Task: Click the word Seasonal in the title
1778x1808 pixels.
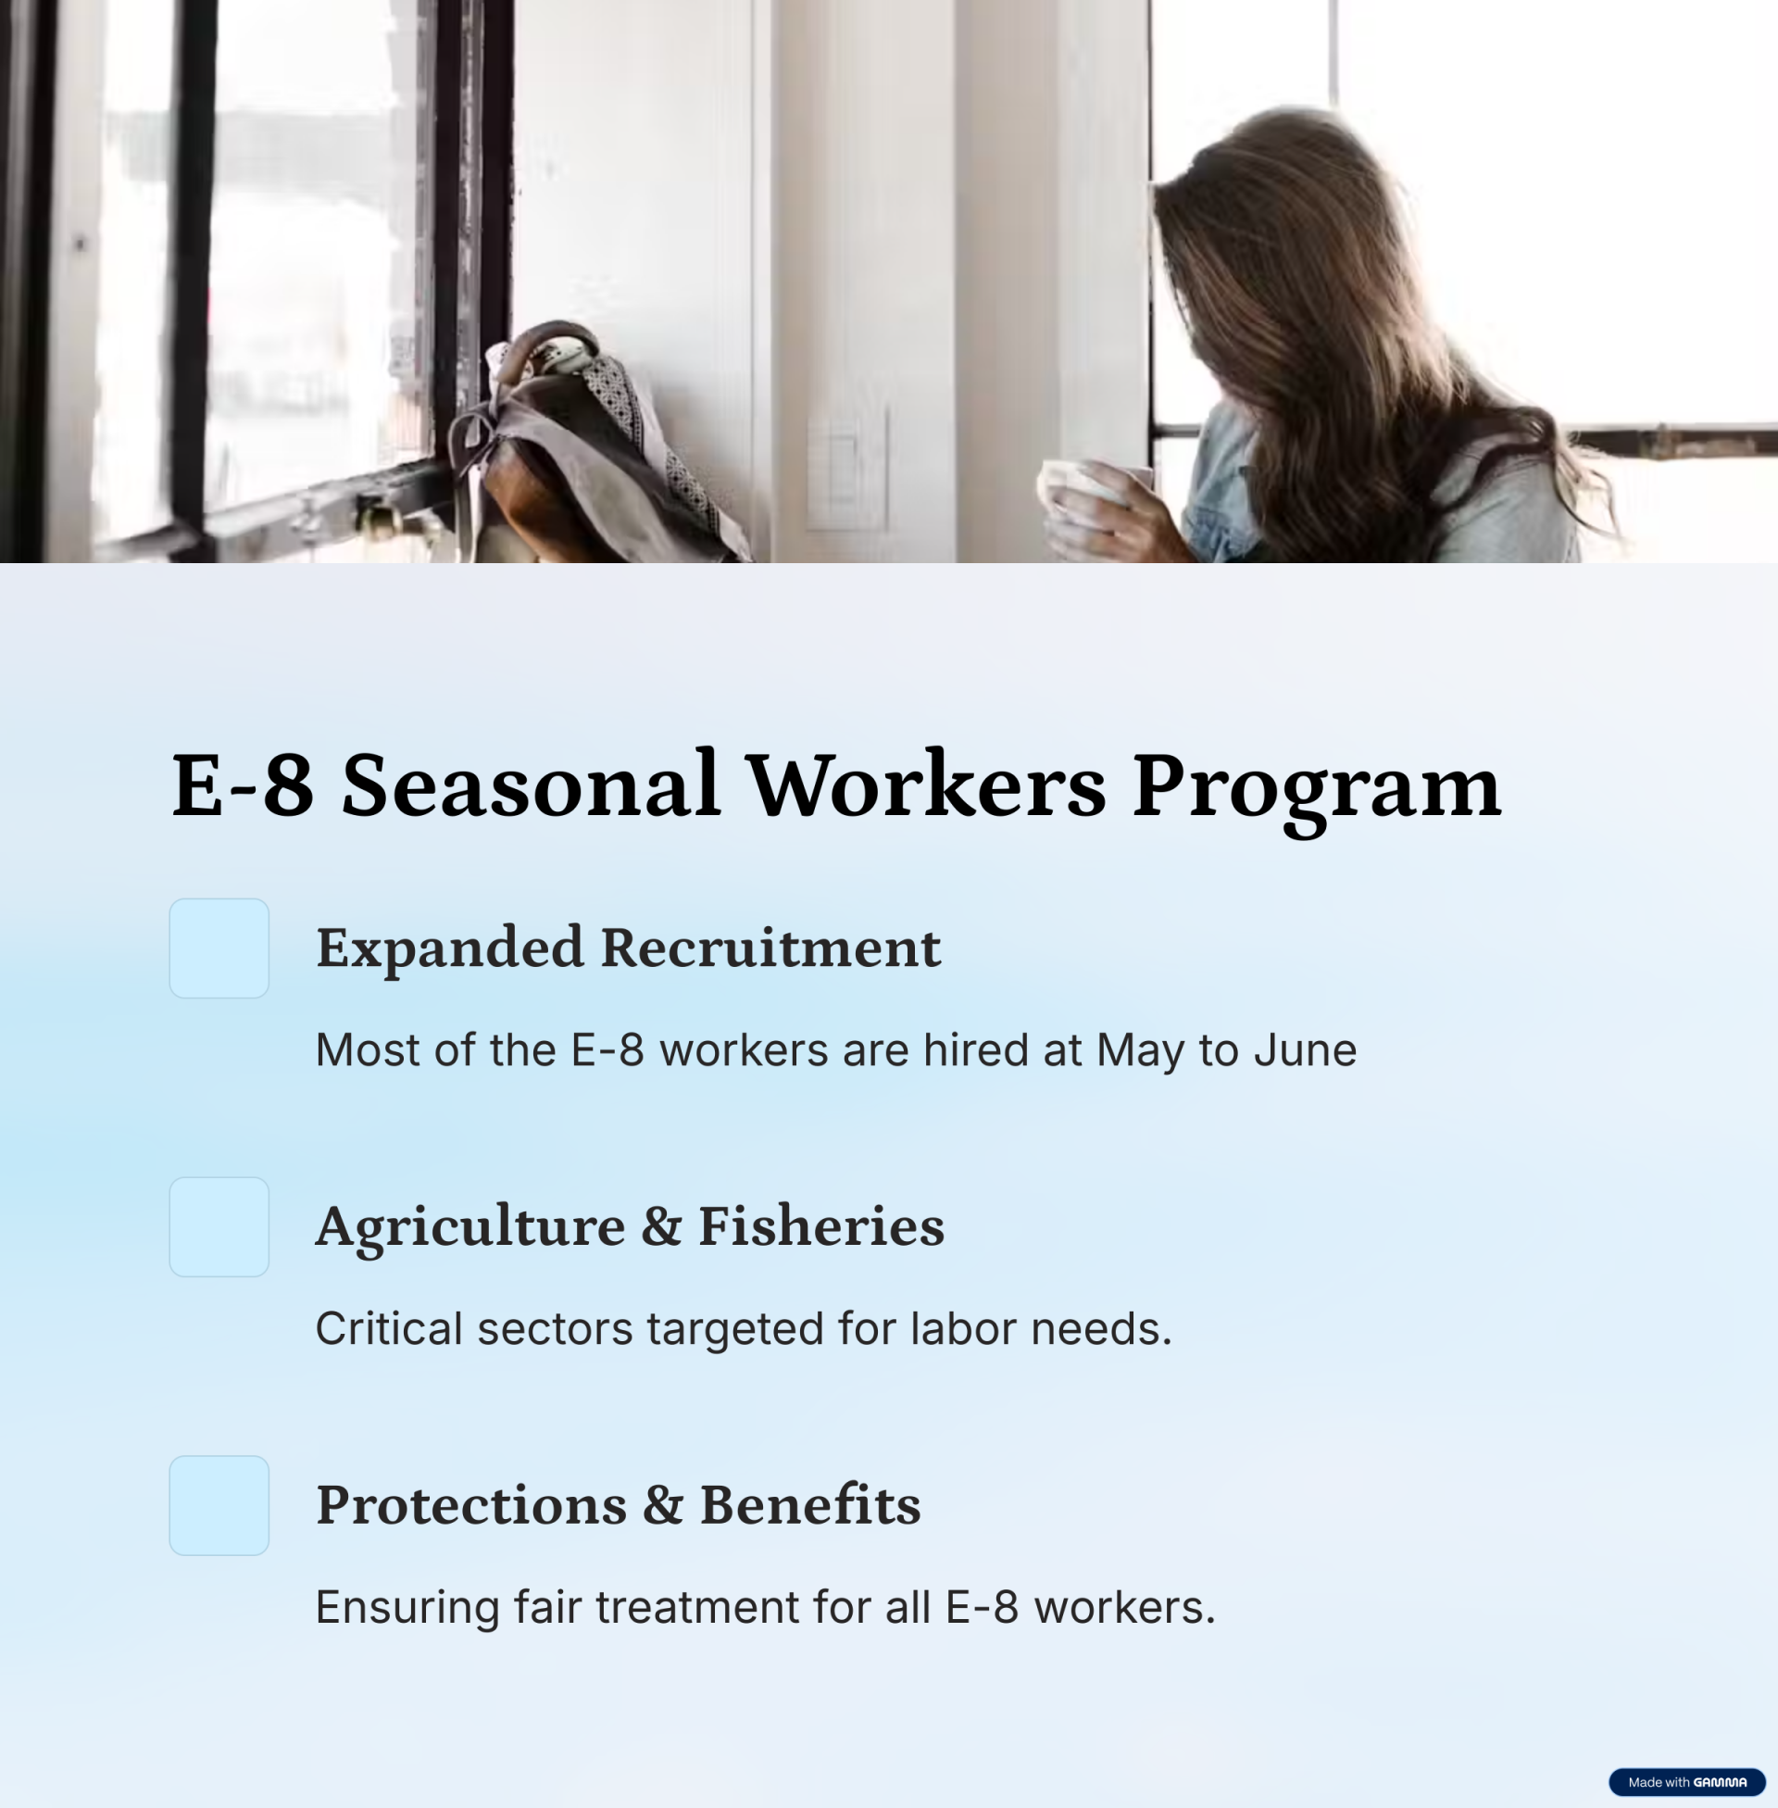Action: coord(530,785)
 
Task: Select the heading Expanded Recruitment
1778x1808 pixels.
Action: coord(629,949)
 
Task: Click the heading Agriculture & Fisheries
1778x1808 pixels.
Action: coord(631,1228)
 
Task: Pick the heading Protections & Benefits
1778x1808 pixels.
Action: coord(619,1505)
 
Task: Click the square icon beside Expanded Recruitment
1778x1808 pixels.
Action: coord(219,948)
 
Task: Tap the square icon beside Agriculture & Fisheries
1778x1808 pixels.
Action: coord(219,1227)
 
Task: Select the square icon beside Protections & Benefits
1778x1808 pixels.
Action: coord(219,1505)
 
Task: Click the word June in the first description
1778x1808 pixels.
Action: coord(1305,1049)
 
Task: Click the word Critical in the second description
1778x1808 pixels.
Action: coord(388,1328)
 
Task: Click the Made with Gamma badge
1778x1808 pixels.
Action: coord(1686,1782)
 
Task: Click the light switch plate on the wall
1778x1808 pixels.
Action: coord(847,467)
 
